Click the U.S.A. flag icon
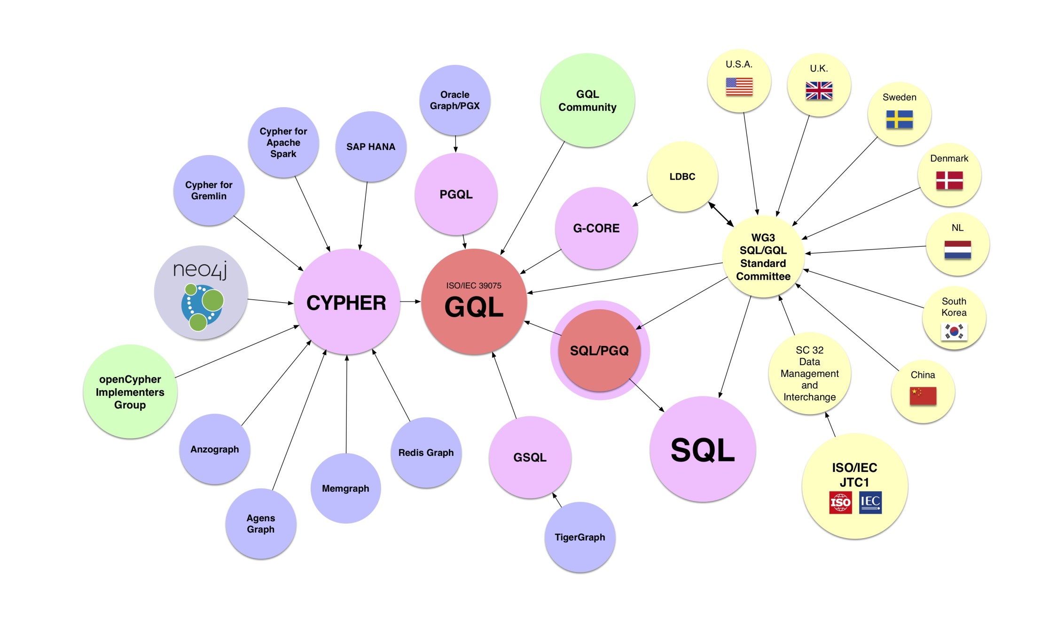click(739, 86)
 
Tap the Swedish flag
click(899, 119)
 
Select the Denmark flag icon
click(949, 180)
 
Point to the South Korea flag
click(954, 332)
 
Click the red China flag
click(923, 396)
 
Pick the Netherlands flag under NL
click(957, 250)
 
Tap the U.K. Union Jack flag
click(819, 91)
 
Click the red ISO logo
click(840, 503)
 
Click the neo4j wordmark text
click(200, 270)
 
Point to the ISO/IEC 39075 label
click(474, 286)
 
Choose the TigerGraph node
click(580, 537)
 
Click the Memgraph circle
click(345, 488)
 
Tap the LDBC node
click(682, 177)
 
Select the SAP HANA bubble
click(371, 147)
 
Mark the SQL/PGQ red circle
click(599, 351)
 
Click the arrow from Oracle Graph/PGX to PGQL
click(455, 144)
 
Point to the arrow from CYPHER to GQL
click(410, 301)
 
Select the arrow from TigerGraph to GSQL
click(557, 500)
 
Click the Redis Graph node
click(426, 453)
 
